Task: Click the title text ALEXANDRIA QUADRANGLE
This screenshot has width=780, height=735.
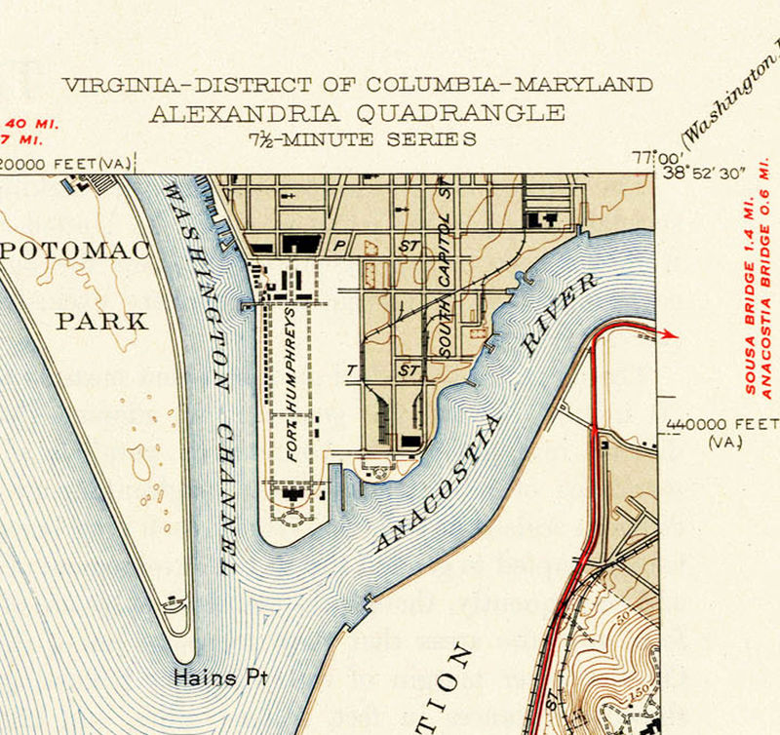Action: click(357, 112)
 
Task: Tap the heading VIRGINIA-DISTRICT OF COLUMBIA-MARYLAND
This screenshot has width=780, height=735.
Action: click(357, 85)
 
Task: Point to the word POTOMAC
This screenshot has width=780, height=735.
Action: click(76, 251)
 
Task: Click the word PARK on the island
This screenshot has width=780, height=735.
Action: click(102, 321)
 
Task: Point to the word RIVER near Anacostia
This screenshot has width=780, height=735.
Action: click(559, 314)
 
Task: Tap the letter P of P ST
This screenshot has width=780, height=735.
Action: click(340, 247)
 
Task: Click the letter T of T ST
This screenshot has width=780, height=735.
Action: click(352, 371)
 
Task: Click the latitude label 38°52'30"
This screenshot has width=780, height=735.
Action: click(704, 173)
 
